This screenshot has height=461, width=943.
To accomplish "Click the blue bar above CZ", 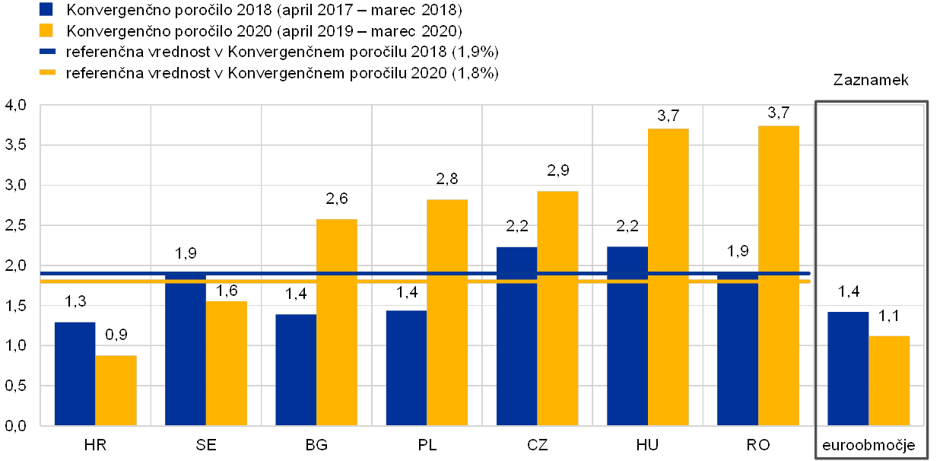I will (x=516, y=335).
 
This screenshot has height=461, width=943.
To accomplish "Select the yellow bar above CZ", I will (x=557, y=307).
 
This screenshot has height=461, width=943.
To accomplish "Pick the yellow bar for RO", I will (x=778, y=275).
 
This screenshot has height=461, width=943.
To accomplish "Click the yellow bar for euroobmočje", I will (x=889, y=380).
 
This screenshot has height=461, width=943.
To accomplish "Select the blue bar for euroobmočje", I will (x=848, y=368).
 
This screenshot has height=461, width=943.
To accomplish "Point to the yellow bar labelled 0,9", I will (x=116, y=389).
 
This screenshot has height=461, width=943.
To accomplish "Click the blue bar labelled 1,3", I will (x=75, y=373).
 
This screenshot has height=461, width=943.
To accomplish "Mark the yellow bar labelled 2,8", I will (x=447, y=312).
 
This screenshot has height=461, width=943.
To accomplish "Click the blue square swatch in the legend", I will (x=46, y=9).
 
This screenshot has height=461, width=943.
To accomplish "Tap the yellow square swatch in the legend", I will (x=46, y=30).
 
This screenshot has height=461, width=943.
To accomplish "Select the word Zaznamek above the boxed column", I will (x=872, y=79).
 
